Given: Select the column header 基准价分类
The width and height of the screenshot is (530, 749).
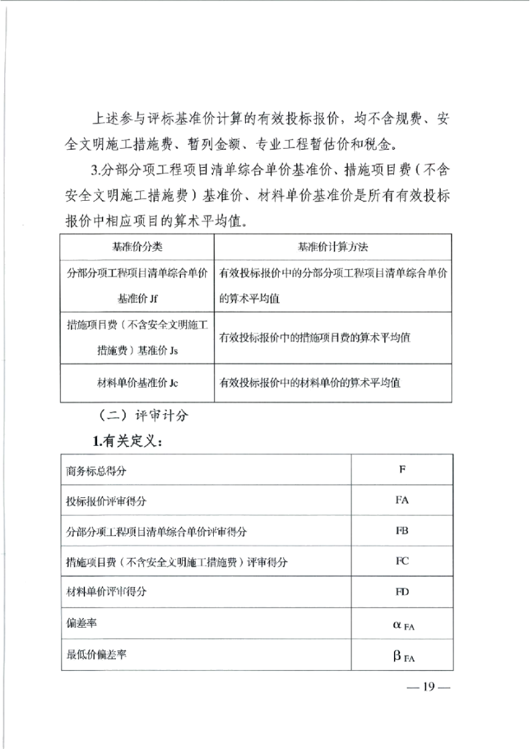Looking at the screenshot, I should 137,246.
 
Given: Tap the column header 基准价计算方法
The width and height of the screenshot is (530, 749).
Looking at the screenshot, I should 334,246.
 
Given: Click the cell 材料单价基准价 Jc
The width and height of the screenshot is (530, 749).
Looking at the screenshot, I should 137,383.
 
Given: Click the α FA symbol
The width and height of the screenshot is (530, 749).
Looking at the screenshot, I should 404,624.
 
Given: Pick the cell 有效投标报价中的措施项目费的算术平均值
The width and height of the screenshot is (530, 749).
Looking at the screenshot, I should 315,338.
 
